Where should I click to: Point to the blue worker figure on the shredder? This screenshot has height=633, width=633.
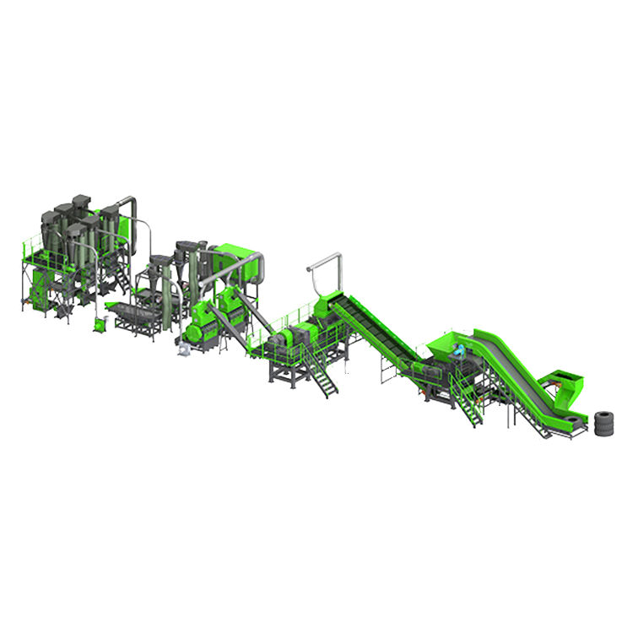point(459,348)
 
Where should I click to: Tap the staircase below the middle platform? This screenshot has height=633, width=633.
point(320,372)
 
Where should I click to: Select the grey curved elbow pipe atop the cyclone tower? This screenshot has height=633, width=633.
point(127,204)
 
